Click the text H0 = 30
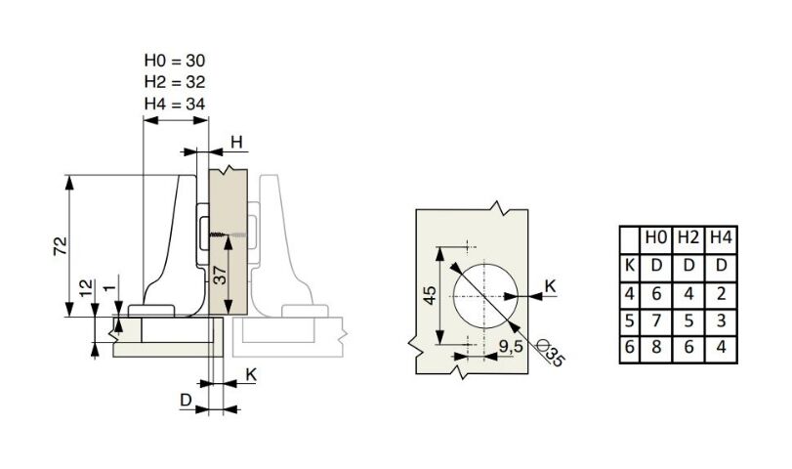[x=175, y=61]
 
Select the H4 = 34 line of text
[x=175, y=105]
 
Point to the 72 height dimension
[x=61, y=246]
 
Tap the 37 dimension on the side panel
[x=221, y=276]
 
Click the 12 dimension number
[x=87, y=287]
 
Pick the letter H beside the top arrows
[x=237, y=143]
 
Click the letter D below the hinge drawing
[x=187, y=401]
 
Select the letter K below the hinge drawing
[x=251, y=375]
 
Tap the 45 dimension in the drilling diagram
[x=430, y=296]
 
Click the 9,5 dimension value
[x=510, y=347]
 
